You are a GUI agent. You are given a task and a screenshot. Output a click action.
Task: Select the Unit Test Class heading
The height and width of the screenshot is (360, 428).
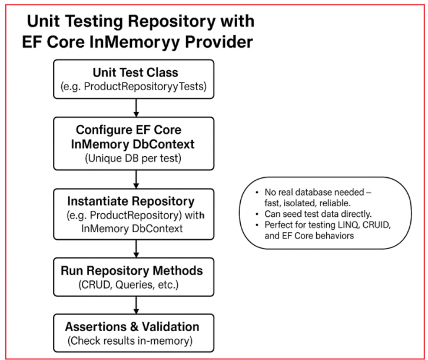click(x=136, y=72)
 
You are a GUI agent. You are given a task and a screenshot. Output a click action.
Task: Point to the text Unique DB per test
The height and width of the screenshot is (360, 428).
click(x=136, y=158)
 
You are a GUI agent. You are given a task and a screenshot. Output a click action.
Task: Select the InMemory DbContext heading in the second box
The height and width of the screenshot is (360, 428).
click(x=137, y=144)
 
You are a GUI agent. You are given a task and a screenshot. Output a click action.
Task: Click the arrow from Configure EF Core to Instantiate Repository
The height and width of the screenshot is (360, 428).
click(x=137, y=179)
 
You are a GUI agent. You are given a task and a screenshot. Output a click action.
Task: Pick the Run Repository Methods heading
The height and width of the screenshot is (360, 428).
click(x=136, y=271)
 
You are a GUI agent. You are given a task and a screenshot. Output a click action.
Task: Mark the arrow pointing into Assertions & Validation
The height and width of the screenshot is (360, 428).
click(x=137, y=305)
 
